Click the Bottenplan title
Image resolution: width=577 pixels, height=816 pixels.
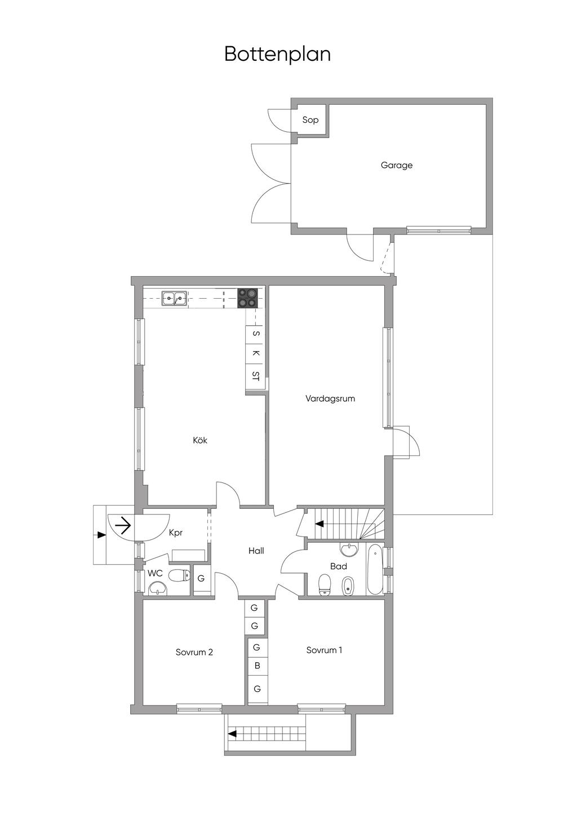point(277,54)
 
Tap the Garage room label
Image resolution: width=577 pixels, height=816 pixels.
point(397,165)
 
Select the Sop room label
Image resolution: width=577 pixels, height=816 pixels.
point(310,119)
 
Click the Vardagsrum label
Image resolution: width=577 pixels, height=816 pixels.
point(330,398)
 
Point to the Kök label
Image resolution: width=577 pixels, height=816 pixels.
point(200,440)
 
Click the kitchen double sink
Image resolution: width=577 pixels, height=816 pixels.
point(175,298)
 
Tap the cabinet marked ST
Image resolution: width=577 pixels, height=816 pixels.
point(256,376)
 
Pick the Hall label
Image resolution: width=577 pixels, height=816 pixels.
point(256,551)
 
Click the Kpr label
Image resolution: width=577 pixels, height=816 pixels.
point(176,532)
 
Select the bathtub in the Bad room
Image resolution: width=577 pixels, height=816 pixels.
point(374,570)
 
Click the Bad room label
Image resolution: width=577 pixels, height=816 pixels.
point(339,566)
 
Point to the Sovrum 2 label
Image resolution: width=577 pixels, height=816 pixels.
point(194,652)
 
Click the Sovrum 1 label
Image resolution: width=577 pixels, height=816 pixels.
point(325,650)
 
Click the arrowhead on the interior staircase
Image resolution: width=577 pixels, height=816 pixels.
point(319,524)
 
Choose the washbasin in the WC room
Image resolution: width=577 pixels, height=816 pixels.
point(157,588)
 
